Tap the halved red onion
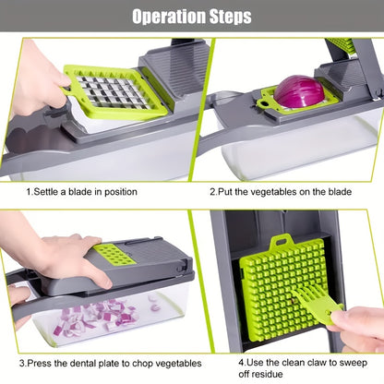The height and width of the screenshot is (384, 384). [x=299, y=91]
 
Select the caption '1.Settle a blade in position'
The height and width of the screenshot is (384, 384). [x=81, y=192]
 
